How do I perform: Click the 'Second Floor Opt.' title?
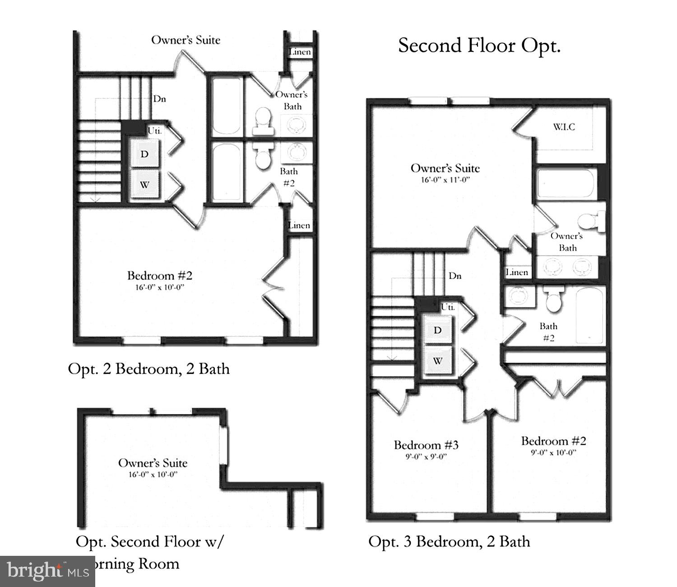(x=479, y=46)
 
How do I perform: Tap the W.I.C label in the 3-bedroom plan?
(x=564, y=127)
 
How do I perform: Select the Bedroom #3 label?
(x=426, y=445)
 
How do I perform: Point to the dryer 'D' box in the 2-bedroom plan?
(x=144, y=154)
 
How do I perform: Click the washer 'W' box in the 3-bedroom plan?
(x=438, y=360)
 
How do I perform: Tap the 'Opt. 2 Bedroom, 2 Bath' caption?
(x=148, y=369)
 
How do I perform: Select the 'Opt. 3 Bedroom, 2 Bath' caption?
(x=449, y=541)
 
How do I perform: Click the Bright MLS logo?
(x=47, y=572)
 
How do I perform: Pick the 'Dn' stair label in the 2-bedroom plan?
(x=159, y=98)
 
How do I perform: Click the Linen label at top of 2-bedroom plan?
(x=300, y=52)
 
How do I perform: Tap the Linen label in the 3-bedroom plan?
(x=517, y=272)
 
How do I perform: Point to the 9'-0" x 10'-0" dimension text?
(x=553, y=452)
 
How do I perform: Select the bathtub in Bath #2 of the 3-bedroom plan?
(x=590, y=315)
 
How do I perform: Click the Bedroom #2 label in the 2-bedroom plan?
(x=160, y=275)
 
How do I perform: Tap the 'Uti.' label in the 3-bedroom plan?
(x=448, y=307)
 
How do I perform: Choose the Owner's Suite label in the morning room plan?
(x=153, y=463)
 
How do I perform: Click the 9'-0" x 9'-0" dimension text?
(x=426, y=456)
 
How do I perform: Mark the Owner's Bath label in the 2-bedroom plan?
(x=292, y=100)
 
